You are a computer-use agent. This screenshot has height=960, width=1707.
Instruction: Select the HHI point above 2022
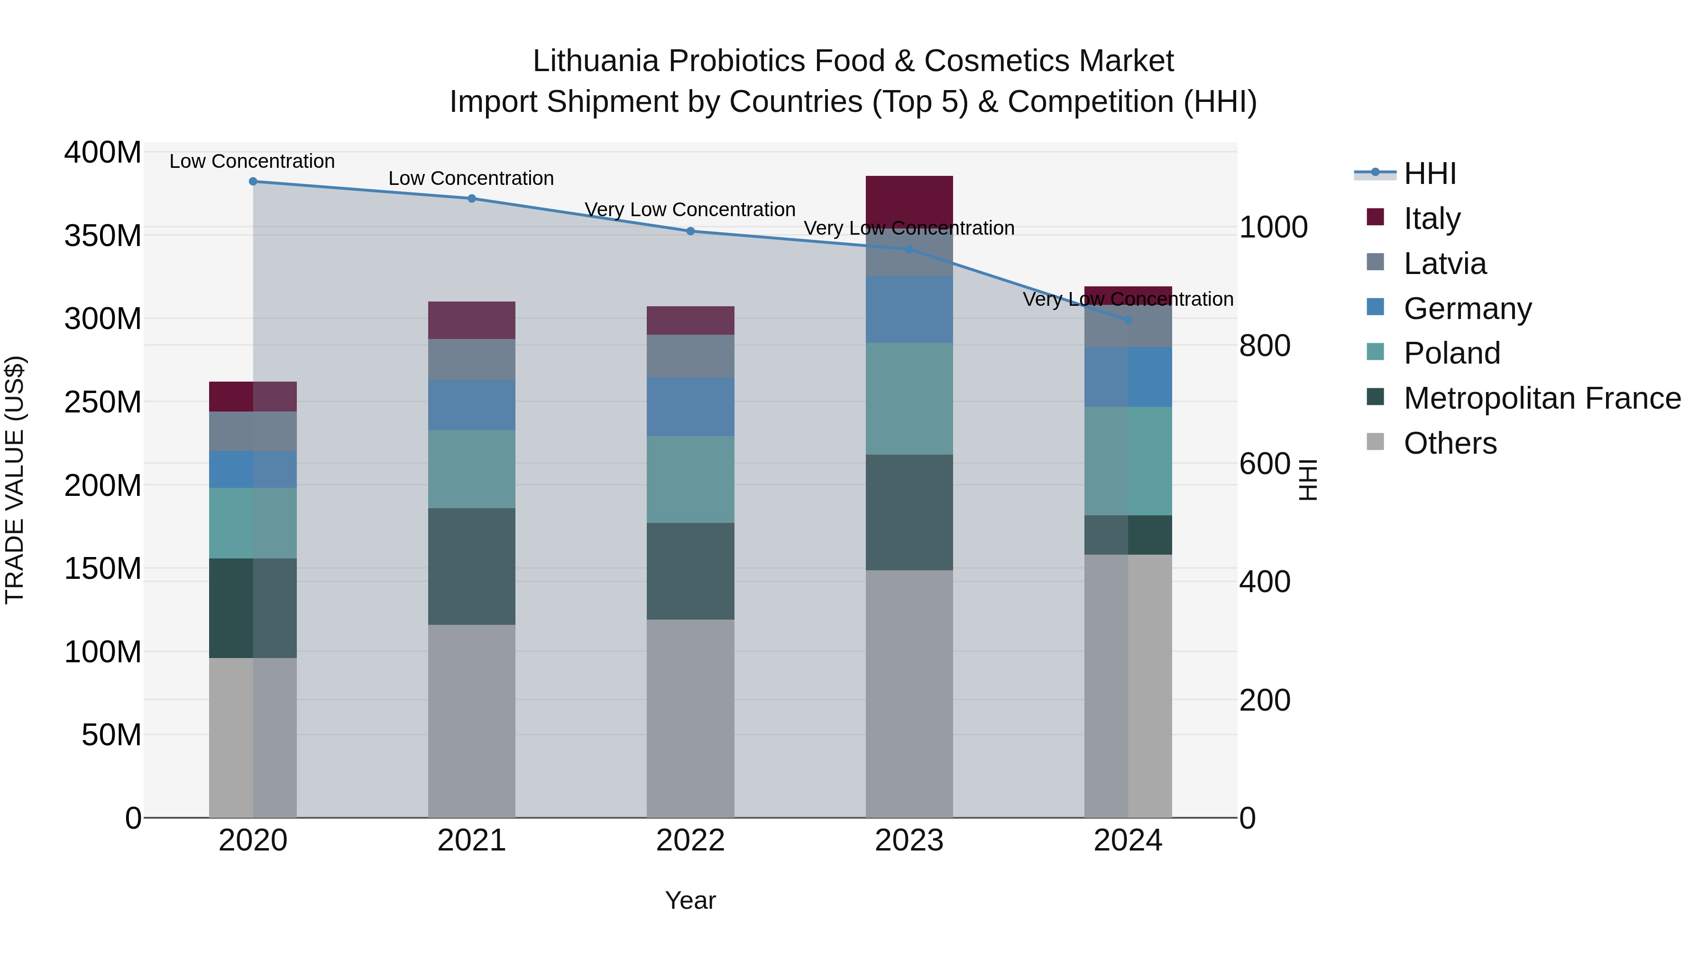click(690, 231)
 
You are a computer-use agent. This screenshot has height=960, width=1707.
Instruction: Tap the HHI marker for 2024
click(1128, 320)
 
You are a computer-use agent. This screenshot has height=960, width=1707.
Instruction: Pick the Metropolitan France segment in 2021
click(471, 567)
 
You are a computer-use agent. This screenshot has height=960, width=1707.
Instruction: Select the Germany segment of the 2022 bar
click(690, 407)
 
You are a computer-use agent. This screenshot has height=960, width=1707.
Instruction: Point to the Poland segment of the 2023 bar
click(909, 398)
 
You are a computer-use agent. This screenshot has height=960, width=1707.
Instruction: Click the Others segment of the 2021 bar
click(471, 721)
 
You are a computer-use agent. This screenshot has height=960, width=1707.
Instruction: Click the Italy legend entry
click(1432, 219)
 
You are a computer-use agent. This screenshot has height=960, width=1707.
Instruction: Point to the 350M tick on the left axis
click(103, 236)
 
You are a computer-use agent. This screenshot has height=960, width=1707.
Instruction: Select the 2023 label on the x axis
click(909, 841)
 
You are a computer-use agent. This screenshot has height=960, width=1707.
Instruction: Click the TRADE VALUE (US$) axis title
click(15, 480)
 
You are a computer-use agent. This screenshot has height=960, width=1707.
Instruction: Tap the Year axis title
click(690, 900)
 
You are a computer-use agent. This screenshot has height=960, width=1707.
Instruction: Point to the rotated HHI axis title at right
click(1307, 480)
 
